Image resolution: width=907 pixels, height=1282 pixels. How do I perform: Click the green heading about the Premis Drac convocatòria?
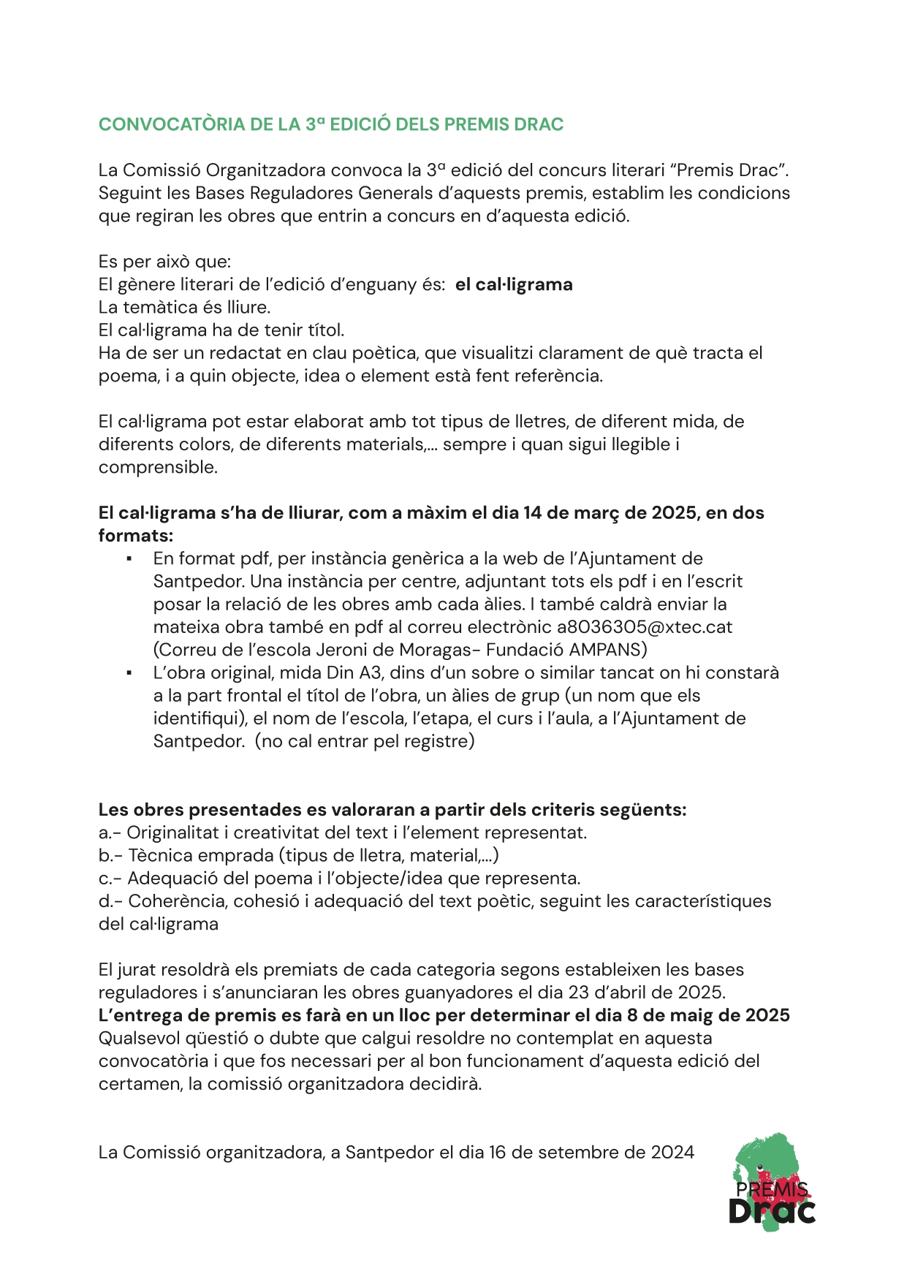331,124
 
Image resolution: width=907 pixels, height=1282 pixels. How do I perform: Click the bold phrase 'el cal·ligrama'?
514,284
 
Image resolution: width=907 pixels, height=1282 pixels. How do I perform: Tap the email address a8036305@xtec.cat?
644,627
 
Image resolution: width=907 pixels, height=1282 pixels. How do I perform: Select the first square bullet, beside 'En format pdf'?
129,559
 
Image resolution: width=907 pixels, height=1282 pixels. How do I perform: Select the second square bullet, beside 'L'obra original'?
129,673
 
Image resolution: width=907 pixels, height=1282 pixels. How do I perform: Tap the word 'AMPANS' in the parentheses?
607,650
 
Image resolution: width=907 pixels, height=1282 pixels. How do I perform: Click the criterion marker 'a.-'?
110,832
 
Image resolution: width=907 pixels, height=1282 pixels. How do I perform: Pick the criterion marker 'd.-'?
110,901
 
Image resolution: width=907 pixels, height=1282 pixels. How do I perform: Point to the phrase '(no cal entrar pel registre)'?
365,741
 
